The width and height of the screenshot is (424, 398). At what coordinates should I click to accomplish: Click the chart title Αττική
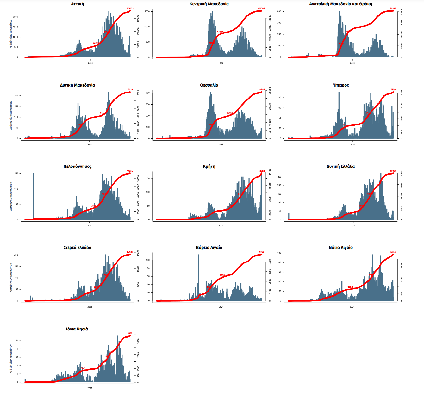78,4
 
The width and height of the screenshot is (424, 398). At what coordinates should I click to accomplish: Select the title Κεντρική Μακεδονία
209,4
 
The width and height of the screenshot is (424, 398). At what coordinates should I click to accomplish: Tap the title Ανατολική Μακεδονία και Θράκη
340,4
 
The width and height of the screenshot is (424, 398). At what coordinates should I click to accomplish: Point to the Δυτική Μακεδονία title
78,85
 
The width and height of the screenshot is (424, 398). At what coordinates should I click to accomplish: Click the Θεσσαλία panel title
209,85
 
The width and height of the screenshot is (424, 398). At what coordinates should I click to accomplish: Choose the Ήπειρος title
341,85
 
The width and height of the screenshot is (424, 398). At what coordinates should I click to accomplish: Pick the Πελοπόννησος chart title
78,166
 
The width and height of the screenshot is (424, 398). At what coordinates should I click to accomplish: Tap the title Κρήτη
209,166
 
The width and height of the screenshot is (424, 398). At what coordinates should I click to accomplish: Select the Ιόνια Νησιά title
77,329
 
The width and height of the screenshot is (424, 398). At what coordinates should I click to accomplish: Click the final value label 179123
130,9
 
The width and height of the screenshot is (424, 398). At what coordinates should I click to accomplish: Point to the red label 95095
261,9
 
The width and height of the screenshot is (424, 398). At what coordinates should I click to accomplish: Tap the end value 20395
393,9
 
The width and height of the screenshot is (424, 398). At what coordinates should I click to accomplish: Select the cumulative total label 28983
261,90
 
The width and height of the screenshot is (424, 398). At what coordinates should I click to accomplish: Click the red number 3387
130,333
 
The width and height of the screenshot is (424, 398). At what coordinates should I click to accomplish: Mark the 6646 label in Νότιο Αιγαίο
393,252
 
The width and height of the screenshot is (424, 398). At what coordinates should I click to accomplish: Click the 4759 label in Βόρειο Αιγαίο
261,252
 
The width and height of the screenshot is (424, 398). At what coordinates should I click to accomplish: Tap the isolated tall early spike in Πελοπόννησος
34,196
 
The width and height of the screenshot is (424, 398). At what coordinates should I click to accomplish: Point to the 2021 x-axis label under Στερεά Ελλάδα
90,307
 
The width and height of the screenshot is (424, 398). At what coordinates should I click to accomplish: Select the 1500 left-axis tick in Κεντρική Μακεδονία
147,11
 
